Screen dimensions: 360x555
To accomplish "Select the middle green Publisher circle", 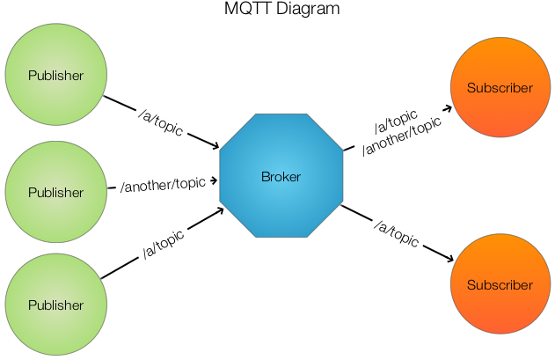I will click(56, 193).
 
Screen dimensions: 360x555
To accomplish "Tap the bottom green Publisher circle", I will click(56, 305).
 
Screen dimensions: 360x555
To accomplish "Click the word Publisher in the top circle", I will click(56, 76).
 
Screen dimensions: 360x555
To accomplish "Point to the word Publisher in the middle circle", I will click(56, 193).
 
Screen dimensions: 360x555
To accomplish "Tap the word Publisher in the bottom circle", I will click(56, 305).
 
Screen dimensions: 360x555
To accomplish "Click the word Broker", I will click(281, 177).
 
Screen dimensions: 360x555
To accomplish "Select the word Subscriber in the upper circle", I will click(500, 88).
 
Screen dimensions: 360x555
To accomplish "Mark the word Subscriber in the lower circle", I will click(500, 285).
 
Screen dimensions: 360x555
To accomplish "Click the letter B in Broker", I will click(265, 177).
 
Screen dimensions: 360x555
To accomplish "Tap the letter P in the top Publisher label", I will click(32, 76).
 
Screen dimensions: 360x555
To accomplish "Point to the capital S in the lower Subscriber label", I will click(471, 285).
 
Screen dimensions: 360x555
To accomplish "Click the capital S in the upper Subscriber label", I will click(471, 88).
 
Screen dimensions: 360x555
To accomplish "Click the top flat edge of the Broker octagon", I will click(281, 114).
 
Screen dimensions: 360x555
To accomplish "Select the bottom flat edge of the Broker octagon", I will click(281, 238).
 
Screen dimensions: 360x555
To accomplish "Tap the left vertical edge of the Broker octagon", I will click(219, 176).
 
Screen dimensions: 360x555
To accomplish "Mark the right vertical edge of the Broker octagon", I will click(343, 176).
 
